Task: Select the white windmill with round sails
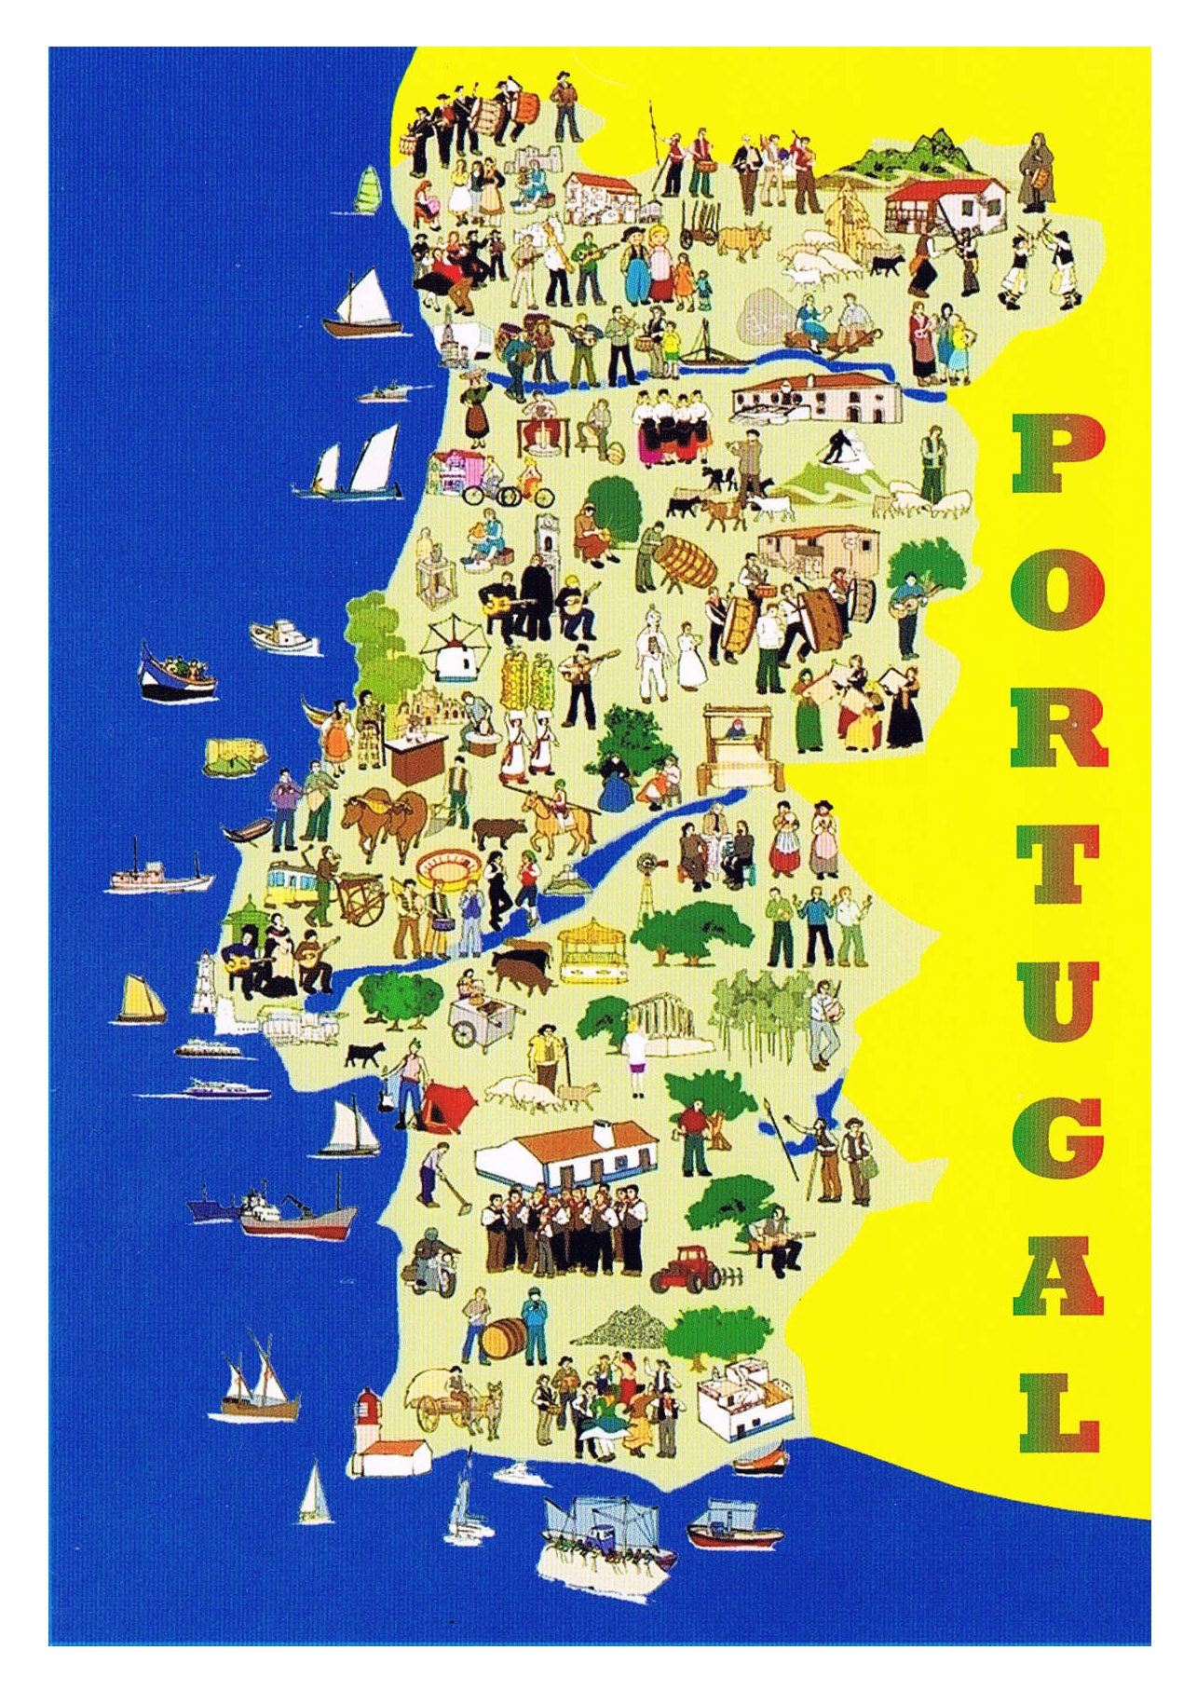click(x=452, y=652)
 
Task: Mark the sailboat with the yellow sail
click(x=143, y=999)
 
